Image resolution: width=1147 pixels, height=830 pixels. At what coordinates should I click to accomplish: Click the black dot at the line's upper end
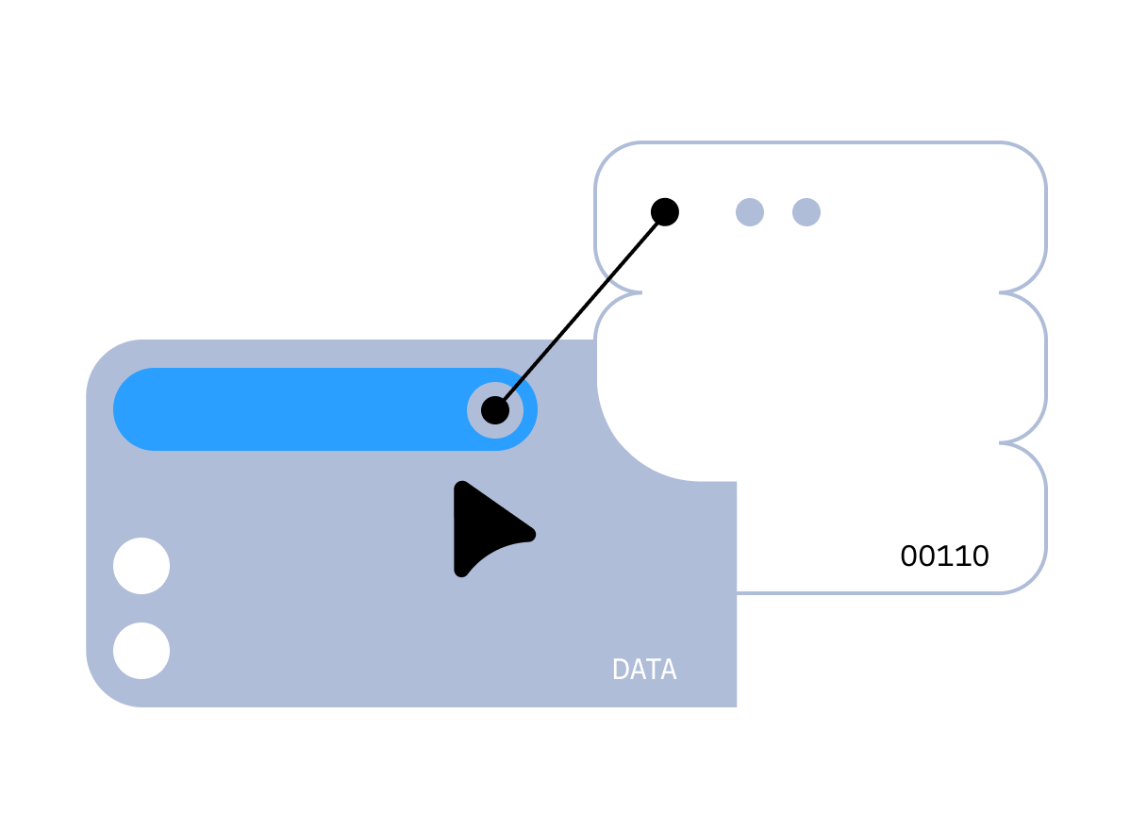click(x=665, y=212)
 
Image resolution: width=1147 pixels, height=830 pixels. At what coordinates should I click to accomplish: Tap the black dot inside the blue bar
click(x=495, y=410)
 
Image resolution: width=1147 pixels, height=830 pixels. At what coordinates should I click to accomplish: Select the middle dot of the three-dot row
click(x=750, y=212)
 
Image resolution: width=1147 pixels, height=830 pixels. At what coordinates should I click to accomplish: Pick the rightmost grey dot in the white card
click(x=806, y=212)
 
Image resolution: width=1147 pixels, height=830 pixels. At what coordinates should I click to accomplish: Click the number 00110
click(x=945, y=556)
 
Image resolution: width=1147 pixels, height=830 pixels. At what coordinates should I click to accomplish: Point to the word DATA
click(x=644, y=670)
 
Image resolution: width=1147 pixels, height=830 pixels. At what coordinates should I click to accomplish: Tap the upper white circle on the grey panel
click(x=141, y=566)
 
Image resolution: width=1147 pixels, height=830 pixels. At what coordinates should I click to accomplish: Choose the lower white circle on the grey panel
click(x=141, y=651)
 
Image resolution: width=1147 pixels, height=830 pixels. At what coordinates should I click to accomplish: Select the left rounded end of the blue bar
click(x=134, y=409)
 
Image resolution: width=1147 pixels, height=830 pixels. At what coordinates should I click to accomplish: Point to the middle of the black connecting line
click(x=580, y=311)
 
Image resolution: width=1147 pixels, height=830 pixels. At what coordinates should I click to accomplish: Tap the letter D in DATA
click(x=620, y=670)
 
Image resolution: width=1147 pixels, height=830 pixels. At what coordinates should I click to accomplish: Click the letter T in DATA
click(x=653, y=670)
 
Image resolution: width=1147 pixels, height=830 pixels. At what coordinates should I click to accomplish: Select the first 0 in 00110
click(x=909, y=556)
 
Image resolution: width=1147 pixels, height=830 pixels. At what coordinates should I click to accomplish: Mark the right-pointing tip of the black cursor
click(x=535, y=535)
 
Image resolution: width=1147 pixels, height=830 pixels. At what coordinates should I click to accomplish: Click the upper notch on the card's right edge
click(x=1001, y=292)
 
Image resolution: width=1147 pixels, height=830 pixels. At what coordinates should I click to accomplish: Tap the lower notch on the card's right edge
click(x=1001, y=442)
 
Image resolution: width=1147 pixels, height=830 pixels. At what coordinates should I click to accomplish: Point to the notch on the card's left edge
click(x=640, y=292)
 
